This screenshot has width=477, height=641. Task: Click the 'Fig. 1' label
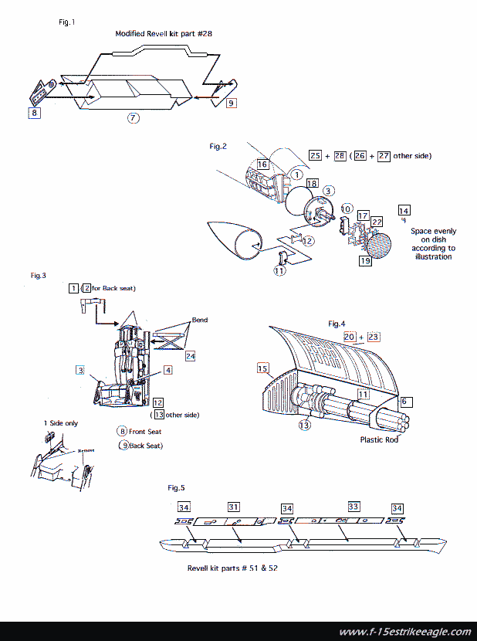point(67,22)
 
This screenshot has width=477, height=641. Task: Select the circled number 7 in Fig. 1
point(134,118)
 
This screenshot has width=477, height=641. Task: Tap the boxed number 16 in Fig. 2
point(263,164)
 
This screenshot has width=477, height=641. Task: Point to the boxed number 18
point(312,183)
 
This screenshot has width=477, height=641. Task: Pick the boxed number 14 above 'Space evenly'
point(404,210)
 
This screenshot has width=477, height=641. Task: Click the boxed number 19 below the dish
point(365,261)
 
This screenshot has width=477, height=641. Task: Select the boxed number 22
point(377,222)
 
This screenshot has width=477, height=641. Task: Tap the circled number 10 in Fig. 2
point(347,209)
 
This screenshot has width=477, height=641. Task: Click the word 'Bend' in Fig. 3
point(200,320)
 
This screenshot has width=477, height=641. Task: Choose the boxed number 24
point(190,356)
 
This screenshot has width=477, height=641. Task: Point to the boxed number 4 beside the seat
point(167,371)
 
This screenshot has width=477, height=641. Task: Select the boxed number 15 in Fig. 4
point(262,369)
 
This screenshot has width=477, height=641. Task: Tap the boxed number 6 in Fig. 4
point(407,402)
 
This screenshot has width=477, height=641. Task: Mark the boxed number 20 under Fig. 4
point(349,337)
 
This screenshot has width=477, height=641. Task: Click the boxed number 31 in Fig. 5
point(233,507)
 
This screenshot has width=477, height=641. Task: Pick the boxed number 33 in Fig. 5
point(354,507)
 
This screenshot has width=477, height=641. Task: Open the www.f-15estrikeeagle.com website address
point(404,631)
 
